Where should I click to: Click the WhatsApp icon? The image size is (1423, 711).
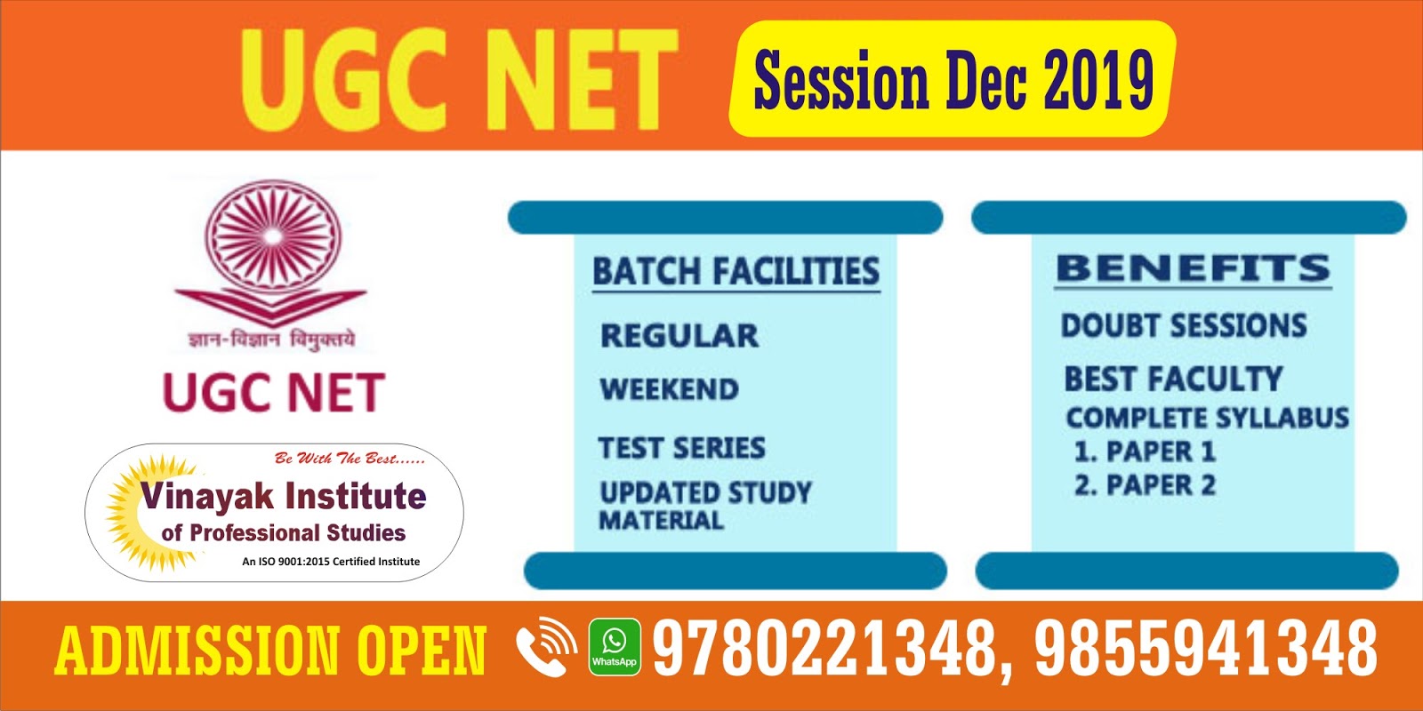pyautogui.click(x=614, y=646)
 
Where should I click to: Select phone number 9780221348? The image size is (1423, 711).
pyautogui.click(x=823, y=648)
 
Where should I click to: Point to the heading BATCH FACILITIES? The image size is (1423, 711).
pyautogui.click(x=736, y=271)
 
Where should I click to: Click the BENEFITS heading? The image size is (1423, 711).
pyautogui.click(x=1193, y=268)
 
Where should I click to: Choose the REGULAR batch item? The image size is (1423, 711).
pyautogui.click(x=679, y=336)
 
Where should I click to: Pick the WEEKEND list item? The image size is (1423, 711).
pyautogui.click(x=669, y=389)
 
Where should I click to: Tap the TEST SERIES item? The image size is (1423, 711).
pyautogui.click(x=681, y=448)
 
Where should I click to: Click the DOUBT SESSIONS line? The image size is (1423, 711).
pyautogui.click(x=1183, y=326)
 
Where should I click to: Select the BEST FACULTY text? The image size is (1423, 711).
pyautogui.click(x=1173, y=379)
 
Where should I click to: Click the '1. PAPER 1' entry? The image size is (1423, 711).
pyautogui.click(x=1144, y=451)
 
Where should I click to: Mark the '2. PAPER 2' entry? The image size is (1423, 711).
pyautogui.click(x=1144, y=485)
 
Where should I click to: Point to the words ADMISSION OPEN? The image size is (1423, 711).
pyautogui.click(x=270, y=650)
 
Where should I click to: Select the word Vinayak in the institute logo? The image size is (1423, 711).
pyautogui.click(x=206, y=496)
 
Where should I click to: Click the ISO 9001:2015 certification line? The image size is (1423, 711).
pyautogui.click(x=331, y=562)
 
